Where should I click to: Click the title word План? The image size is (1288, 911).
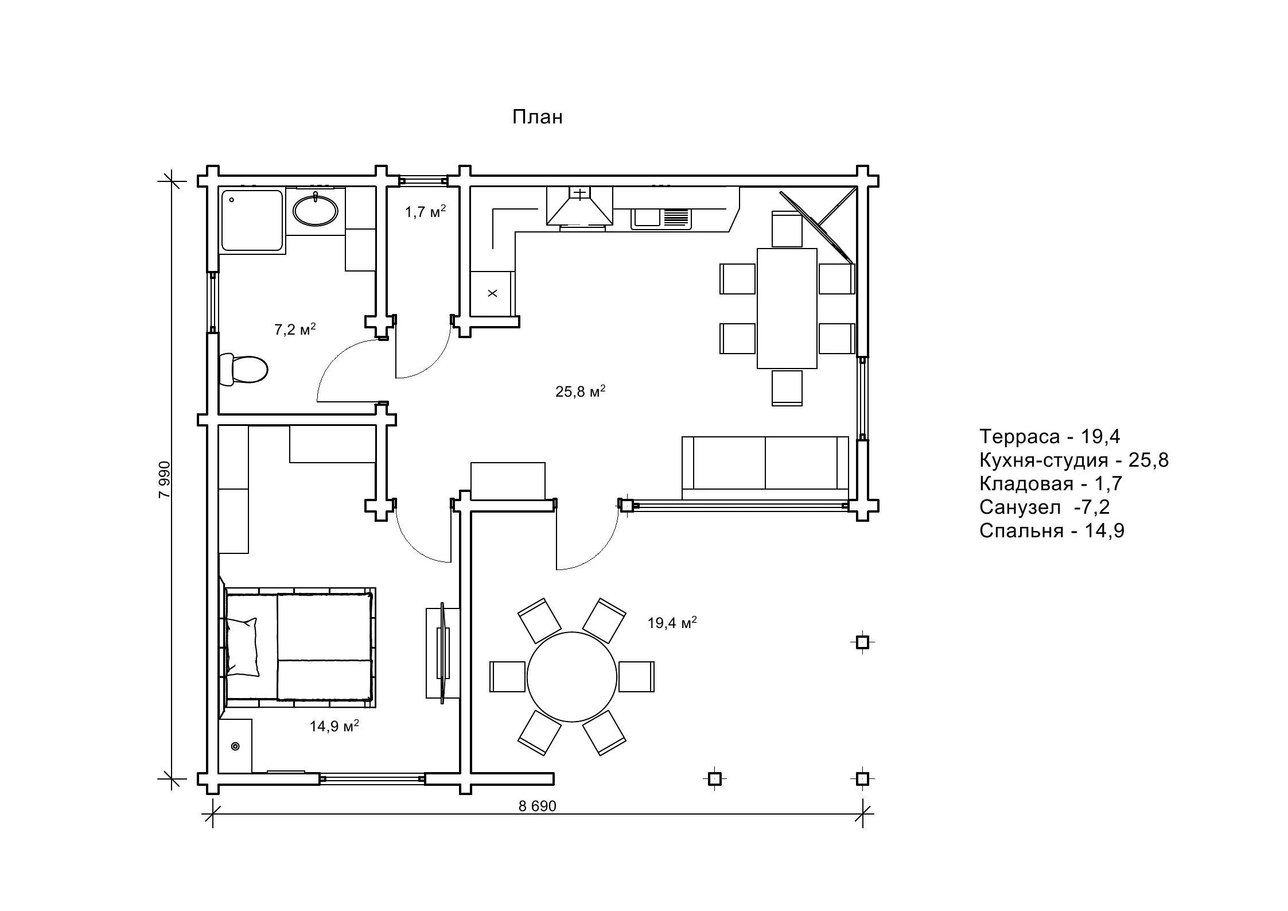point(537,117)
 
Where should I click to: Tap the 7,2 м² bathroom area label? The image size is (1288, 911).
point(295,329)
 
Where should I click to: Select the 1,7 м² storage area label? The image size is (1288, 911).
point(425,212)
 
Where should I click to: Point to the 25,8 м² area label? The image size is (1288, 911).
point(580,391)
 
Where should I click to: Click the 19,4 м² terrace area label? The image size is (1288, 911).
point(672,623)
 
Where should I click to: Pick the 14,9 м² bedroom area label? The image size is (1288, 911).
point(334,726)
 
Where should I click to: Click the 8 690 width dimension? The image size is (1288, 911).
point(537,807)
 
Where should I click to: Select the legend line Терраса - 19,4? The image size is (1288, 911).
point(1049,437)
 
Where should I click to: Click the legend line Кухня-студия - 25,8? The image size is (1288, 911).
point(1073,460)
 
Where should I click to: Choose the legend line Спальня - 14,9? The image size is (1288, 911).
point(1052,531)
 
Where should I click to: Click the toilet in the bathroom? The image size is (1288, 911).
point(244,369)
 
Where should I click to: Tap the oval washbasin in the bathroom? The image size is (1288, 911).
point(315,211)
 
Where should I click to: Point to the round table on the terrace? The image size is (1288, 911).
point(571,677)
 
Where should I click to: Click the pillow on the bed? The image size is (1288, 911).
point(242,647)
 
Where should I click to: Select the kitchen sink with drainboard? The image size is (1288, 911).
point(661,218)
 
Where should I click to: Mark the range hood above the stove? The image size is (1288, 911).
point(579,206)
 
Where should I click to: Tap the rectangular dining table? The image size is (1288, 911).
point(787,308)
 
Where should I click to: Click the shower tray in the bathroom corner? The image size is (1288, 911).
point(252,222)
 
